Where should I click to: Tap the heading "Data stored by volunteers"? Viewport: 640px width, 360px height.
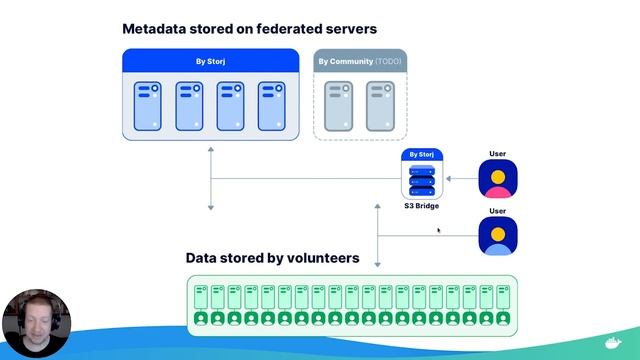pos(272,258)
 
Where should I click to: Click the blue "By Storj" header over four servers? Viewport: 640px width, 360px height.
pos(211,61)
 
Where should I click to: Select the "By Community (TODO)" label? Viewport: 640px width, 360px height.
pos(360,61)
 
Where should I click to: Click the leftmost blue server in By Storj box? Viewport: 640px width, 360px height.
pos(148,106)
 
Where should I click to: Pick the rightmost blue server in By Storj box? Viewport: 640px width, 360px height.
pos(273,106)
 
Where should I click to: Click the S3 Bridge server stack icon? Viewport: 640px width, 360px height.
pos(422,181)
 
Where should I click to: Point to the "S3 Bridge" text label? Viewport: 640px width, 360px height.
pos(422,206)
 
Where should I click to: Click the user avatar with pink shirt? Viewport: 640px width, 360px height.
pos(497,180)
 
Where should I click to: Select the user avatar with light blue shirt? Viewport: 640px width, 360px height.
pos(497,237)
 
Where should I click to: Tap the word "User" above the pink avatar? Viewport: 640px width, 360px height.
pos(497,154)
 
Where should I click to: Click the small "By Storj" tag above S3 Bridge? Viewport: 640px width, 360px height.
pos(422,155)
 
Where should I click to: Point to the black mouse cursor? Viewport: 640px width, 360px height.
pos(439,230)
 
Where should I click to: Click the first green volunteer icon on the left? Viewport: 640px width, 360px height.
pos(200,318)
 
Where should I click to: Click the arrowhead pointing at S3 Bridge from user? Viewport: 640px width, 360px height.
pos(449,180)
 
